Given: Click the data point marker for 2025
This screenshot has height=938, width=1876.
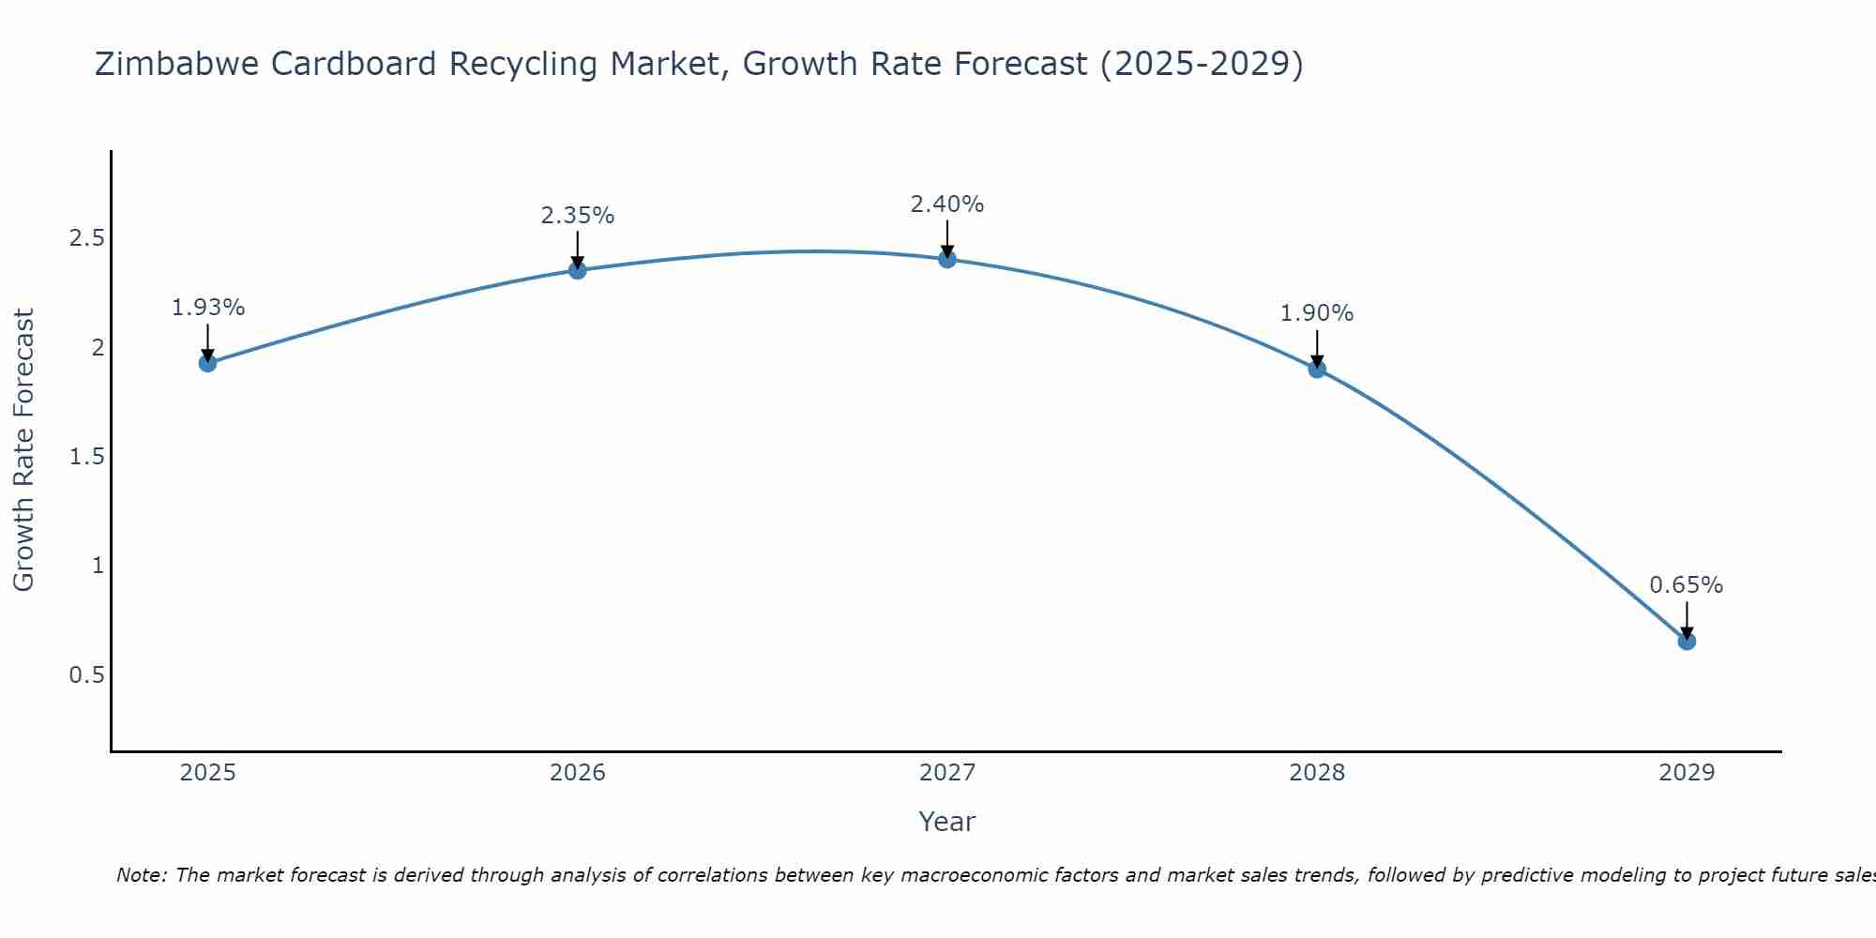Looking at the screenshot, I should (208, 363).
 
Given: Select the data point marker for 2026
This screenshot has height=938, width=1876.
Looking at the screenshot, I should (578, 270).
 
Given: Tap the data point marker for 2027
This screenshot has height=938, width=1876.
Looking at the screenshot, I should (947, 259).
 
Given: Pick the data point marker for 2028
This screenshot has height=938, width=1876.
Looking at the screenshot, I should (1317, 369).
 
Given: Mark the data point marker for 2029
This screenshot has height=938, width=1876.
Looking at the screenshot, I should (1687, 642).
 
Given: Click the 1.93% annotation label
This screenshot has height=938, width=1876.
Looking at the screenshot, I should (208, 308).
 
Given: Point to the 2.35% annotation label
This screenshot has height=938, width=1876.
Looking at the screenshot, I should (578, 216).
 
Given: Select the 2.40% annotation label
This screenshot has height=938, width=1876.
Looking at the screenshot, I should (947, 204).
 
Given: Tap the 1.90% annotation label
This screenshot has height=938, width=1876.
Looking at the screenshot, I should (1317, 313).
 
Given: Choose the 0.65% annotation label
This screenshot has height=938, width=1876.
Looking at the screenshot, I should (1687, 585).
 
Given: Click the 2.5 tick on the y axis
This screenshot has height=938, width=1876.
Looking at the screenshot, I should (86, 238).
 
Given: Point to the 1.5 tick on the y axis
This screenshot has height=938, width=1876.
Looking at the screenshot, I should (86, 457).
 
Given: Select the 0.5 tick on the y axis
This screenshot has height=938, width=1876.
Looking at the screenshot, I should (86, 675).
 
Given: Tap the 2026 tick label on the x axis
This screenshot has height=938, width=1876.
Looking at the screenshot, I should (578, 773).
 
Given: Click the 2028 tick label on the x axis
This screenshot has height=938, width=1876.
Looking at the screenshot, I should (1317, 773).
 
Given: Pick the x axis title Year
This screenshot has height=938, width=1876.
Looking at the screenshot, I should (947, 822).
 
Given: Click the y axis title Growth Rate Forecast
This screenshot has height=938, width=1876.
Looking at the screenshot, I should (24, 450).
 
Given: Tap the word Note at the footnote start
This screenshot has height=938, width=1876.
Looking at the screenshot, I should (141, 875).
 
